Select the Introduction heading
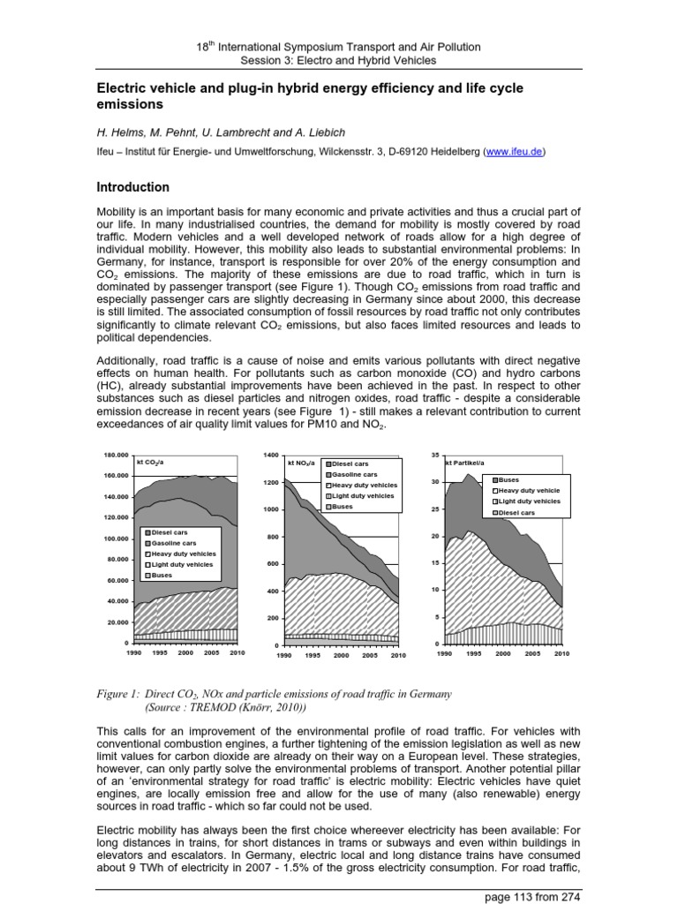coord(132,187)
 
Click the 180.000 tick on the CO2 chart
coord(117,456)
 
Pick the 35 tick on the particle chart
coord(433,456)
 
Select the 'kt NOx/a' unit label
coord(302,463)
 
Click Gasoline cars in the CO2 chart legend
coord(173,543)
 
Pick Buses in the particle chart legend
coord(509,479)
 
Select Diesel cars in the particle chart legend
coord(516,512)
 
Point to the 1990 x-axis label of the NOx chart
coord(284,657)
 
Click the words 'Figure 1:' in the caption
coord(117,694)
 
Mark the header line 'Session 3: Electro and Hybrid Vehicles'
coord(338,60)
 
